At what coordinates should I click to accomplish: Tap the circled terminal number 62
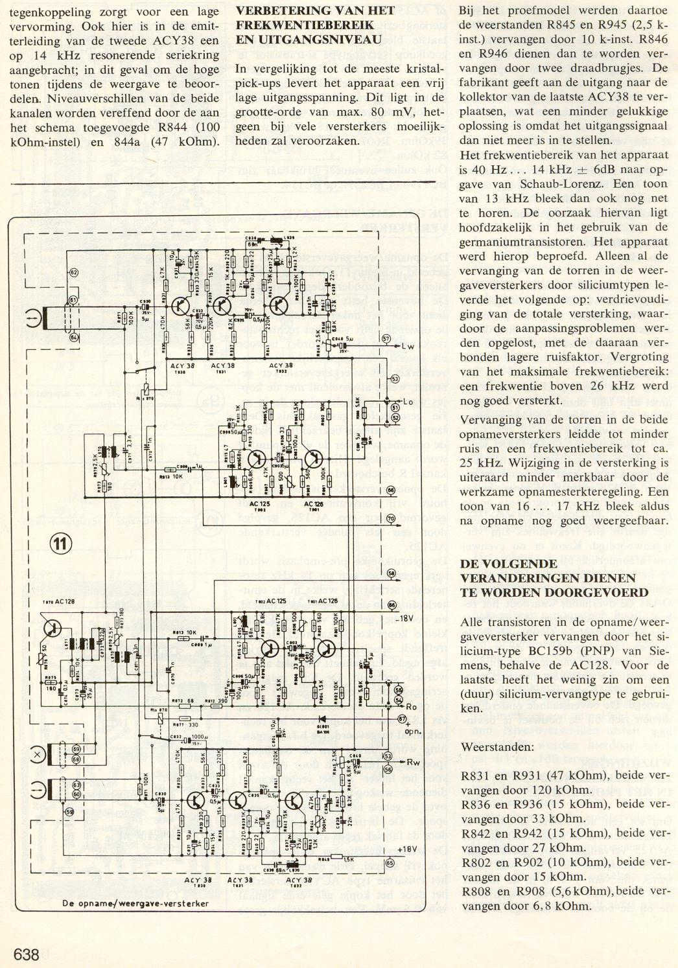73,273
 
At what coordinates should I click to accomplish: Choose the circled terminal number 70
390,518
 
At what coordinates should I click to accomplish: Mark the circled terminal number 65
390,863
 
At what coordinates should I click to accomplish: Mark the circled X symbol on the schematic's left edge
38,754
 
